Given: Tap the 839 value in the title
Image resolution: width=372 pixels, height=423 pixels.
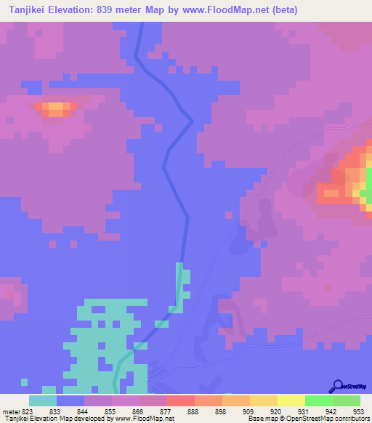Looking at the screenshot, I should [122, 10].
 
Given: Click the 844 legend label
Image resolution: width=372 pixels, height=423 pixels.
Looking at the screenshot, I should [71, 411].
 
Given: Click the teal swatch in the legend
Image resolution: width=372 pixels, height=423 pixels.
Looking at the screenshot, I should [43, 400].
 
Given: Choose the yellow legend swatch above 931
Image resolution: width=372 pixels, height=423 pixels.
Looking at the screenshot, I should [291, 400].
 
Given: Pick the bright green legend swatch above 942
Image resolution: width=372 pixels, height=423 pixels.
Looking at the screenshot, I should [319, 400].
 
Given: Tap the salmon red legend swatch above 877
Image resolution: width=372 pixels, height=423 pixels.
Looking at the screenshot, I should [181, 400].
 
